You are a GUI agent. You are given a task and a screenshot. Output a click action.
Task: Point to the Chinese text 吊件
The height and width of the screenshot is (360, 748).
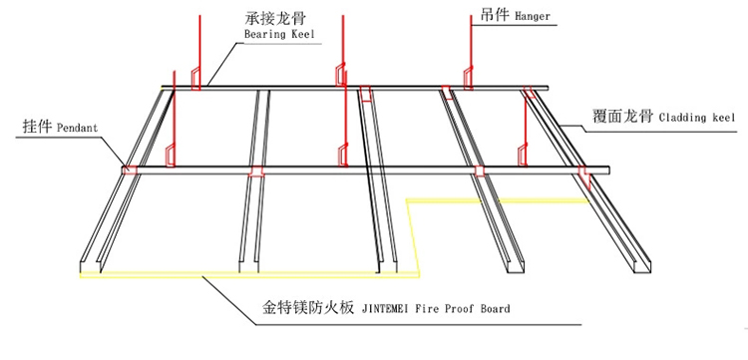pyautogui.click(x=494, y=16)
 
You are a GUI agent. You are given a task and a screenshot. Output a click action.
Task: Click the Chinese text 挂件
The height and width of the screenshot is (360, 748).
pyautogui.click(x=37, y=129)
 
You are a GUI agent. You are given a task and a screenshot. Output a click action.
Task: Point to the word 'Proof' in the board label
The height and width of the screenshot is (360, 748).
pyautogui.click(x=457, y=309)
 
